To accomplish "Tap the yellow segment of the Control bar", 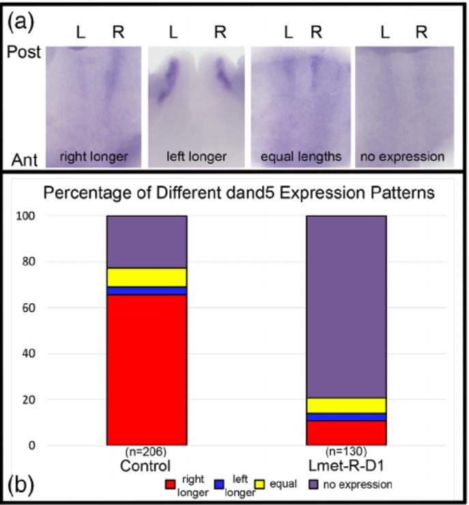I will point(146,277).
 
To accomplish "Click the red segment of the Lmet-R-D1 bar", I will point(346,433).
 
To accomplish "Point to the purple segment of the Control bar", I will point(146,241).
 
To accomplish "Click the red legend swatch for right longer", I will point(171,485).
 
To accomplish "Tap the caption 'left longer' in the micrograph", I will point(197,157).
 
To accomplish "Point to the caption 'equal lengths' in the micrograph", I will point(300,157).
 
